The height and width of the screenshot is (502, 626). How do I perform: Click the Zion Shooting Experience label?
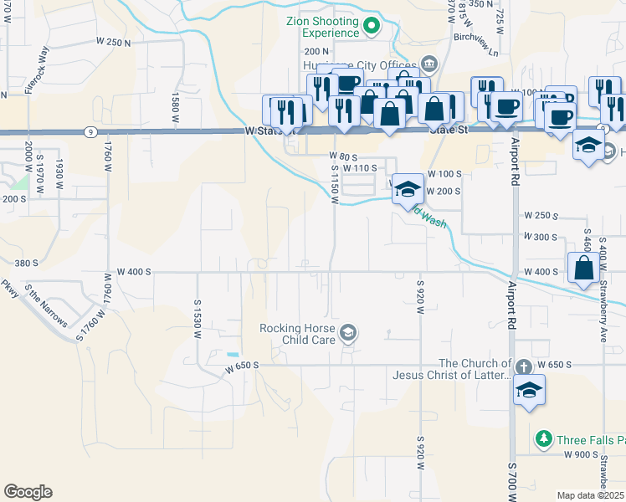click(x=321, y=27)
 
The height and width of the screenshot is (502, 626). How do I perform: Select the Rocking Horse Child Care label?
click(x=296, y=334)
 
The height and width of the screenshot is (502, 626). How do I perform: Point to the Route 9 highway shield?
click(x=89, y=131)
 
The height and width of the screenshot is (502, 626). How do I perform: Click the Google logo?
click(x=28, y=491)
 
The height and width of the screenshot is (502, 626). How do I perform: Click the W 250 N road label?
click(x=114, y=42)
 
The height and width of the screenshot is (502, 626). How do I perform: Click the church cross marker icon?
click(x=522, y=366)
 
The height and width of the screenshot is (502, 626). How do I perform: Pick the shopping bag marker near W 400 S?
click(x=584, y=269)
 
